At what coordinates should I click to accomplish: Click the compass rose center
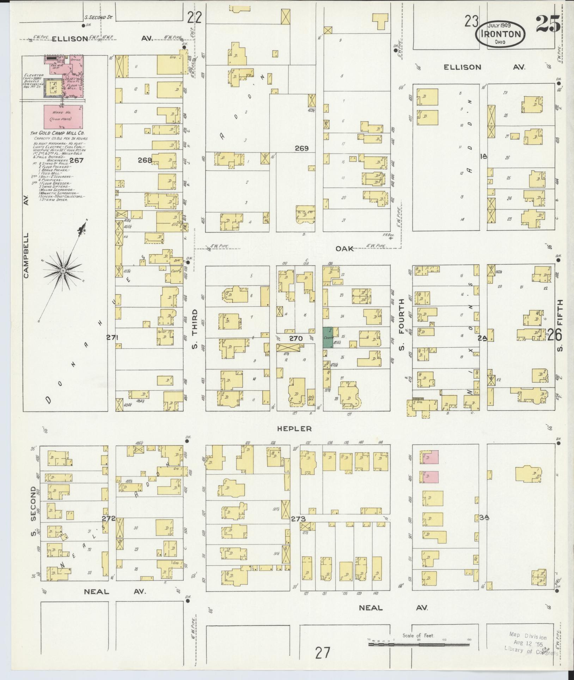click(x=63, y=271)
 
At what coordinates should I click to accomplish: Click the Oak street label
click(x=344, y=249)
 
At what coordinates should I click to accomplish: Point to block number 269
click(x=302, y=149)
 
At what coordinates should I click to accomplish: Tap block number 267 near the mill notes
click(x=76, y=160)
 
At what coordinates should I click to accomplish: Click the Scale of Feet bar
click(x=419, y=644)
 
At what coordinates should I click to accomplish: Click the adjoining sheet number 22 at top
click(x=194, y=17)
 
